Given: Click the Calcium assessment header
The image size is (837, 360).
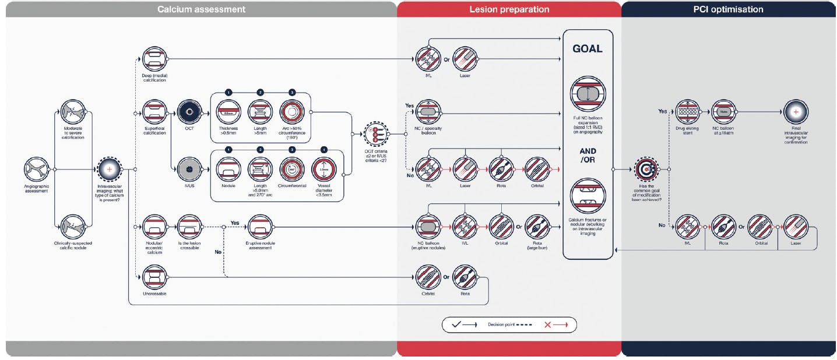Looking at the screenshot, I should click(x=201, y=9).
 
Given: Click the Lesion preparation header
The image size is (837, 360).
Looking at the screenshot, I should click(x=509, y=9).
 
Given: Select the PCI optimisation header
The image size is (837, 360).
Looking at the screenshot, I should click(x=729, y=9).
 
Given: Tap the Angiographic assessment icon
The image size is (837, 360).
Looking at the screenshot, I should click(x=36, y=170).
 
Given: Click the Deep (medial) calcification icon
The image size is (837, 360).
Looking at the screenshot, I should click(x=154, y=59).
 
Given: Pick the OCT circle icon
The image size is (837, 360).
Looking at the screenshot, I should click(x=189, y=111).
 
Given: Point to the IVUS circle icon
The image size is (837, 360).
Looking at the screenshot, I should click(x=189, y=170).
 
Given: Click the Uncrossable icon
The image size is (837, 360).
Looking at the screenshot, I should click(x=154, y=277).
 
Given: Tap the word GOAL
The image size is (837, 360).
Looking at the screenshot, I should click(x=588, y=49).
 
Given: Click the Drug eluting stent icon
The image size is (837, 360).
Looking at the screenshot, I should click(x=688, y=111).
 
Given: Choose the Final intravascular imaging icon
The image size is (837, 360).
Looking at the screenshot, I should click(x=796, y=111).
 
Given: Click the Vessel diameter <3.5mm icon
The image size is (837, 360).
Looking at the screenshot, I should click(x=325, y=170).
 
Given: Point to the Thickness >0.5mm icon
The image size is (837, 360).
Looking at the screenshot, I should click(x=228, y=111).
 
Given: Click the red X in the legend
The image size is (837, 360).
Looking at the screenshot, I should click(x=548, y=324).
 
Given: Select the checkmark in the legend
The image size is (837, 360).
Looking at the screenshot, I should click(x=458, y=324).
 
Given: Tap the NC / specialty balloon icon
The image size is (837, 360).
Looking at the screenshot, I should click(x=429, y=111).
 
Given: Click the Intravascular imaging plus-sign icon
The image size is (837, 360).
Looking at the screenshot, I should click(x=110, y=170).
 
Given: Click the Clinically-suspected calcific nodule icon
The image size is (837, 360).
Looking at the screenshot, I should click(x=73, y=228).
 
